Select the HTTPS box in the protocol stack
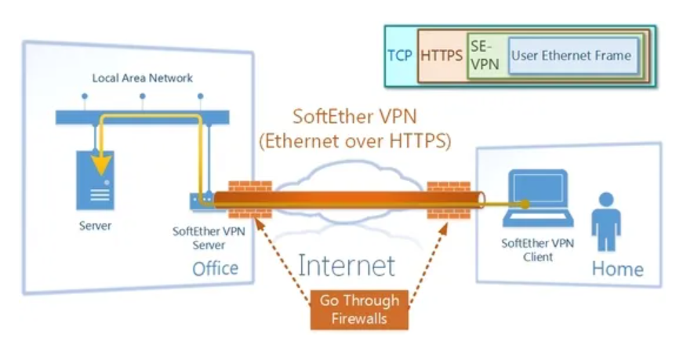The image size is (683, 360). click(x=441, y=56)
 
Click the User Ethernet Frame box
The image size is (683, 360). click(x=570, y=56)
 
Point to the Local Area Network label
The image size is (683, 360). click(x=143, y=78)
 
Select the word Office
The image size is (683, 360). click(x=215, y=268)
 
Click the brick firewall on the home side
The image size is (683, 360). click(x=449, y=199)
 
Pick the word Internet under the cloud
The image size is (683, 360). click(x=346, y=265)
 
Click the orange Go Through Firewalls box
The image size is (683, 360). click(x=359, y=309)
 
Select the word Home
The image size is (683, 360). click(x=617, y=269)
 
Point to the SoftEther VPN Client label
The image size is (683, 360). click(x=537, y=249)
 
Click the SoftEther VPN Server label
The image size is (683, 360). click(x=204, y=238)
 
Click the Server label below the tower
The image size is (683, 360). click(x=96, y=226)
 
